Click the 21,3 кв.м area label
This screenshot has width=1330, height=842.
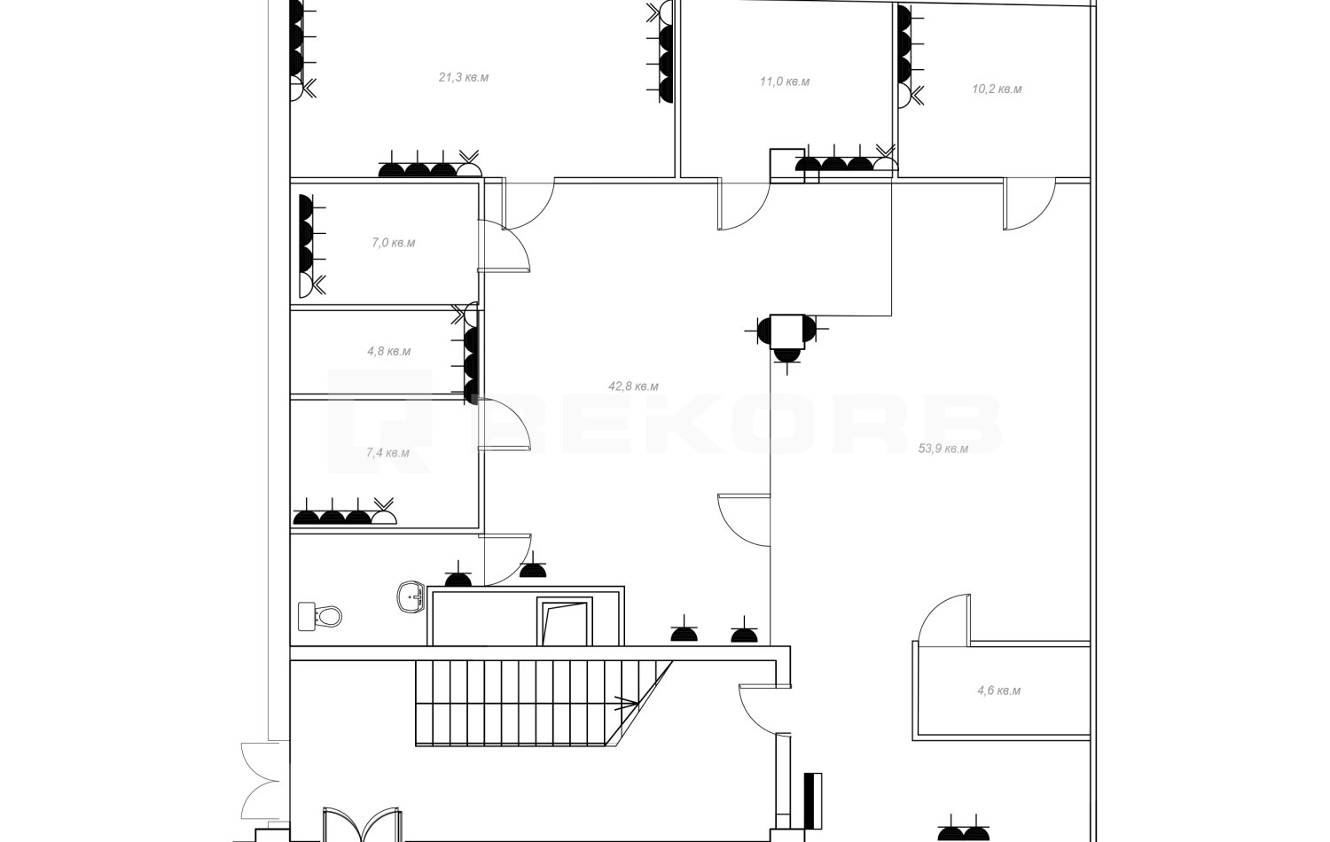pos(464,78)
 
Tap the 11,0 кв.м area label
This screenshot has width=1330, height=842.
pos(785,82)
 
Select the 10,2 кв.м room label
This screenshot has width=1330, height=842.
pos(997,89)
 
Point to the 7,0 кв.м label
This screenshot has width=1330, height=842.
pos(394,243)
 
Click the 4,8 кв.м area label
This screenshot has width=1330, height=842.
pos(389,351)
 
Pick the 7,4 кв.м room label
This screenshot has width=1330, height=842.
pos(387,453)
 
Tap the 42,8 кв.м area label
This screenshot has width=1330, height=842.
pos(634,386)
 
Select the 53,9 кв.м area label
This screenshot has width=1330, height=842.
pos(943,448)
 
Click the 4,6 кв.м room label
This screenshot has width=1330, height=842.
pos(999,690)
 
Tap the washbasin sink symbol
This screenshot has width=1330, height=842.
pos(411,596)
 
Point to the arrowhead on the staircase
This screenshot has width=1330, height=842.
pos(630,704)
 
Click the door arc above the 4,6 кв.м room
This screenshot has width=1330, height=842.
pos(944,620)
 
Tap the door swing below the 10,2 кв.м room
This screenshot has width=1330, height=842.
pos(1029,204)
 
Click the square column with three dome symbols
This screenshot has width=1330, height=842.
pos(787,332)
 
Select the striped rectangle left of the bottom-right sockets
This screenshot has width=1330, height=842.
pos(813,800)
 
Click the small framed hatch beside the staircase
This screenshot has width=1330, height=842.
pos(564,621)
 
